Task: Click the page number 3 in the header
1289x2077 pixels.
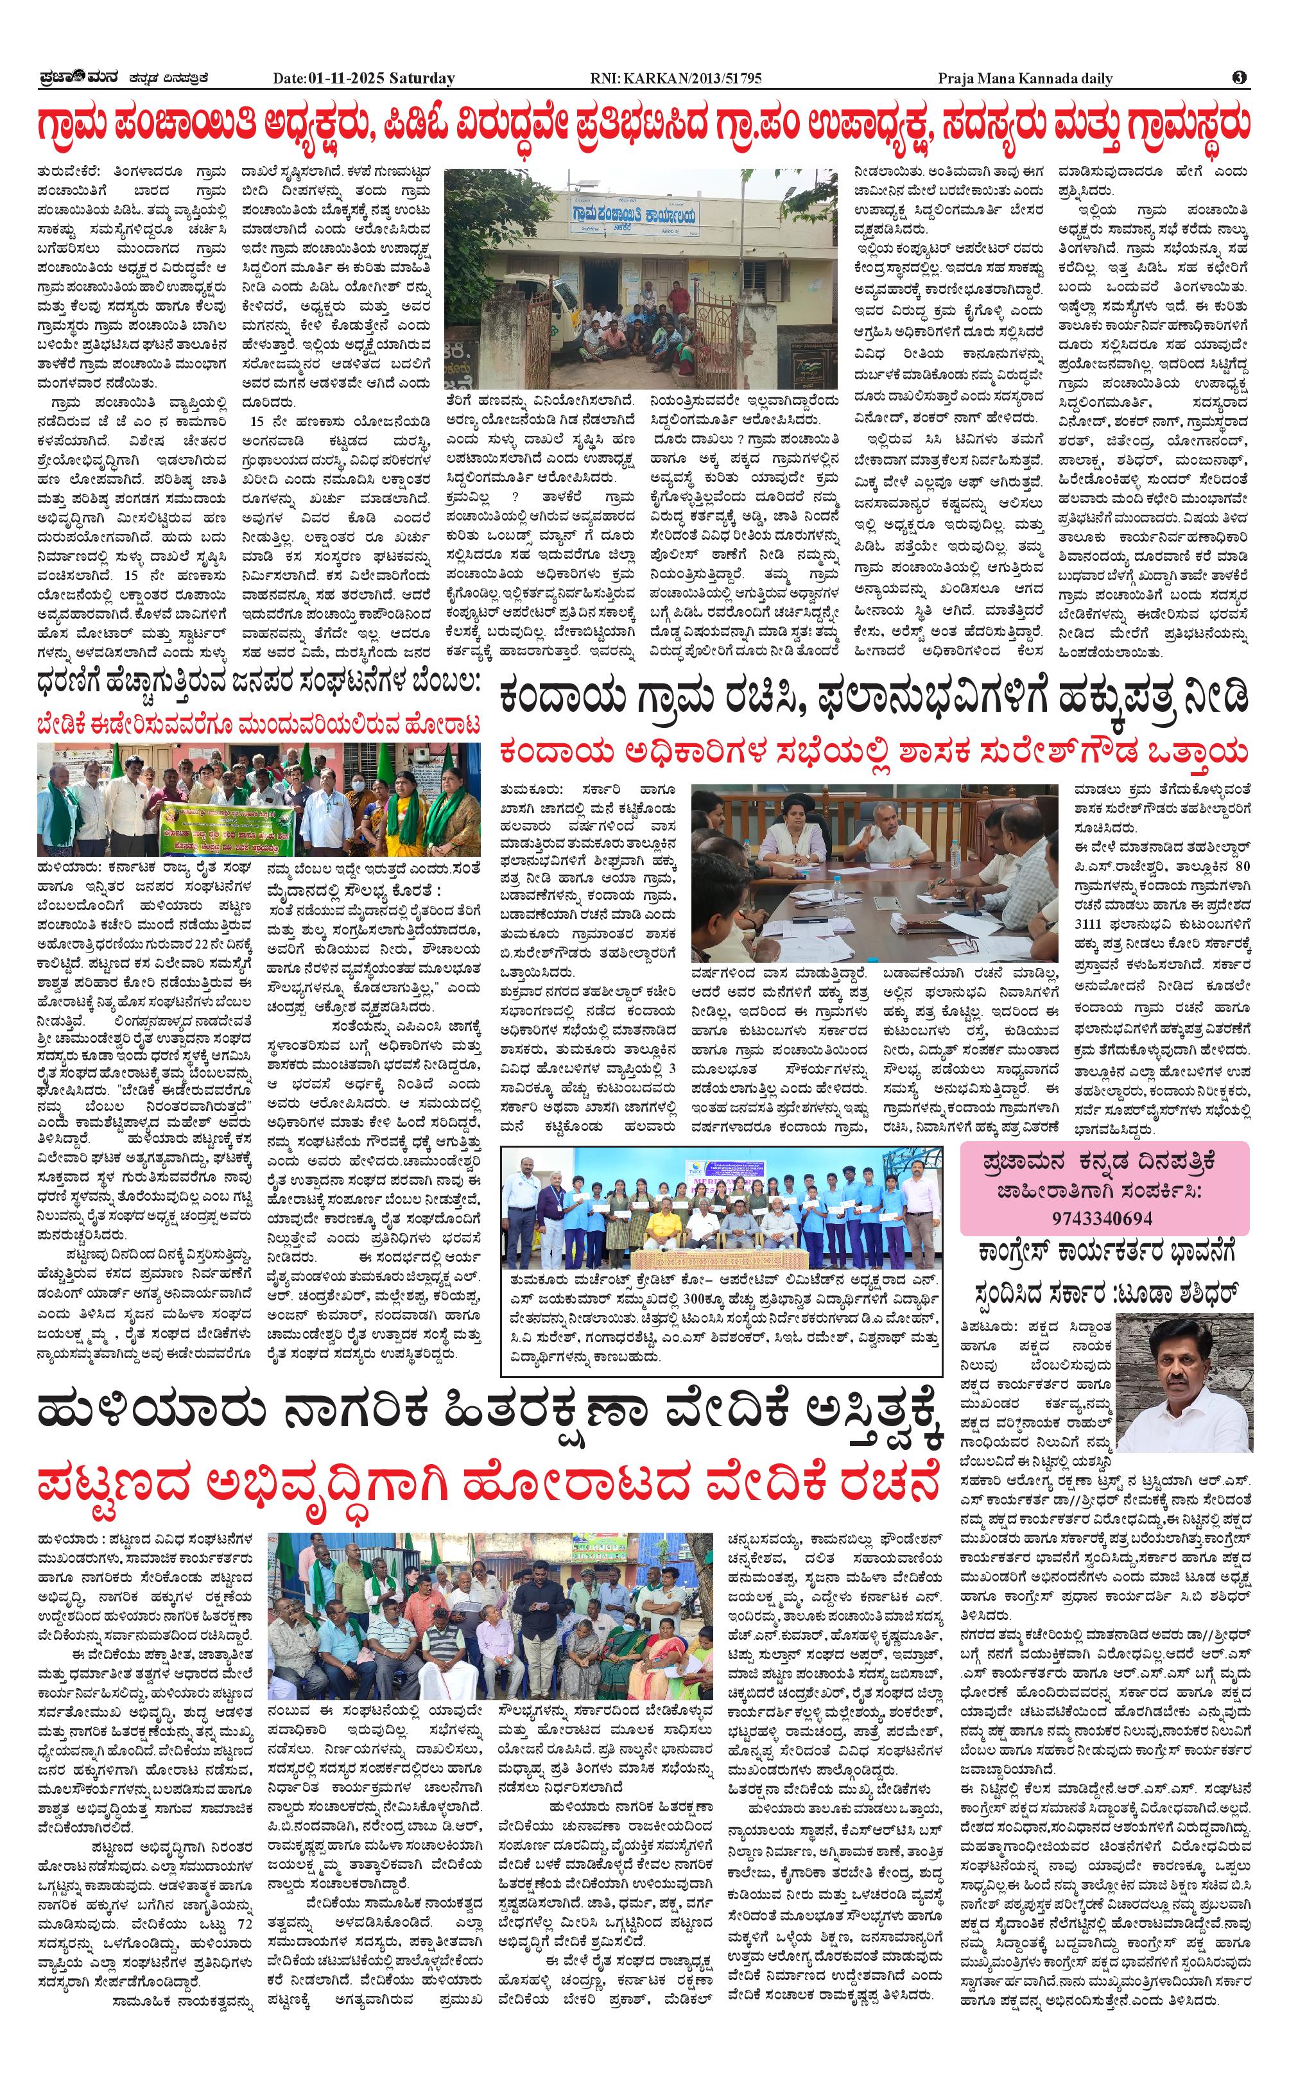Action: pyautogui.click(x=1239, y=78)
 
